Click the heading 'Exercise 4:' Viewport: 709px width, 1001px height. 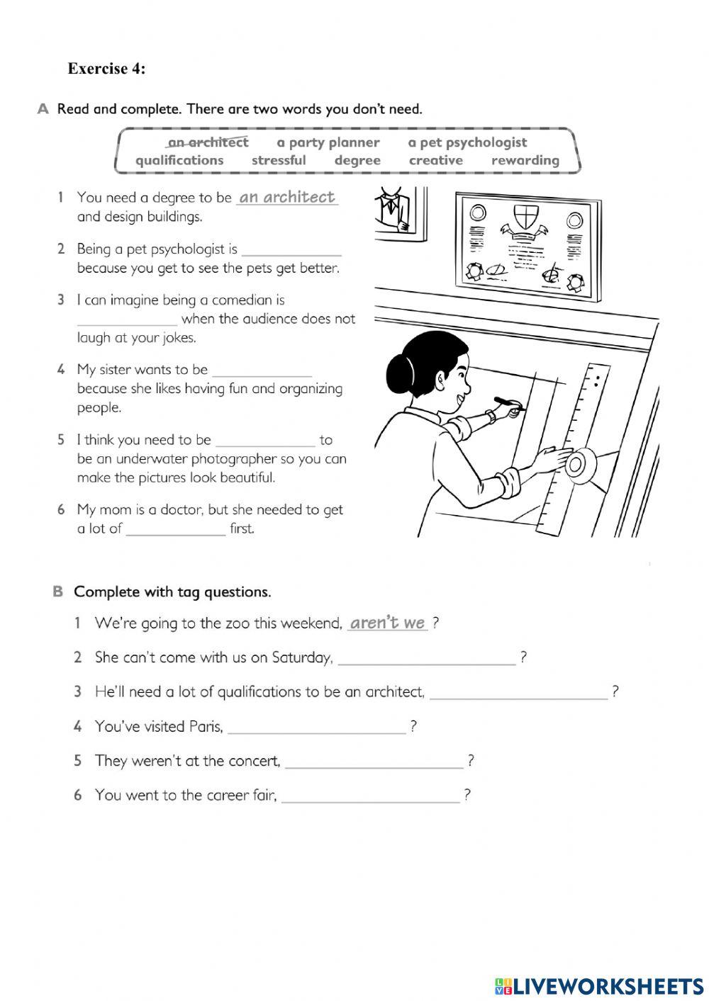(106, 69)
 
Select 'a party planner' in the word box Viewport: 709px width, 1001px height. (328, 142)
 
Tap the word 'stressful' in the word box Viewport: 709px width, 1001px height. (279, 161)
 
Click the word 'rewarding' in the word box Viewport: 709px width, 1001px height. (525, 161)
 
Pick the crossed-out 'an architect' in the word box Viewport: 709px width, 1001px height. (208, 142)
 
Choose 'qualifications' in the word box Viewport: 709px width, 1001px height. (179, 161)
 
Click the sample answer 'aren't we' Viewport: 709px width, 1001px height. (387, 623)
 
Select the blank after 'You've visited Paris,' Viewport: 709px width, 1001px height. (316, 728)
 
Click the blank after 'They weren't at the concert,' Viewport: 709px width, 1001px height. (374, 762)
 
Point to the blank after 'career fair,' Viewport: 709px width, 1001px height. (370, 796)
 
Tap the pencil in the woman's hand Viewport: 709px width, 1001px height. (508, 404)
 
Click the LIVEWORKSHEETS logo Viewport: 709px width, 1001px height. (599, 985)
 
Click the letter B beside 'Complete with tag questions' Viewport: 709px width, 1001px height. (58, 592)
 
